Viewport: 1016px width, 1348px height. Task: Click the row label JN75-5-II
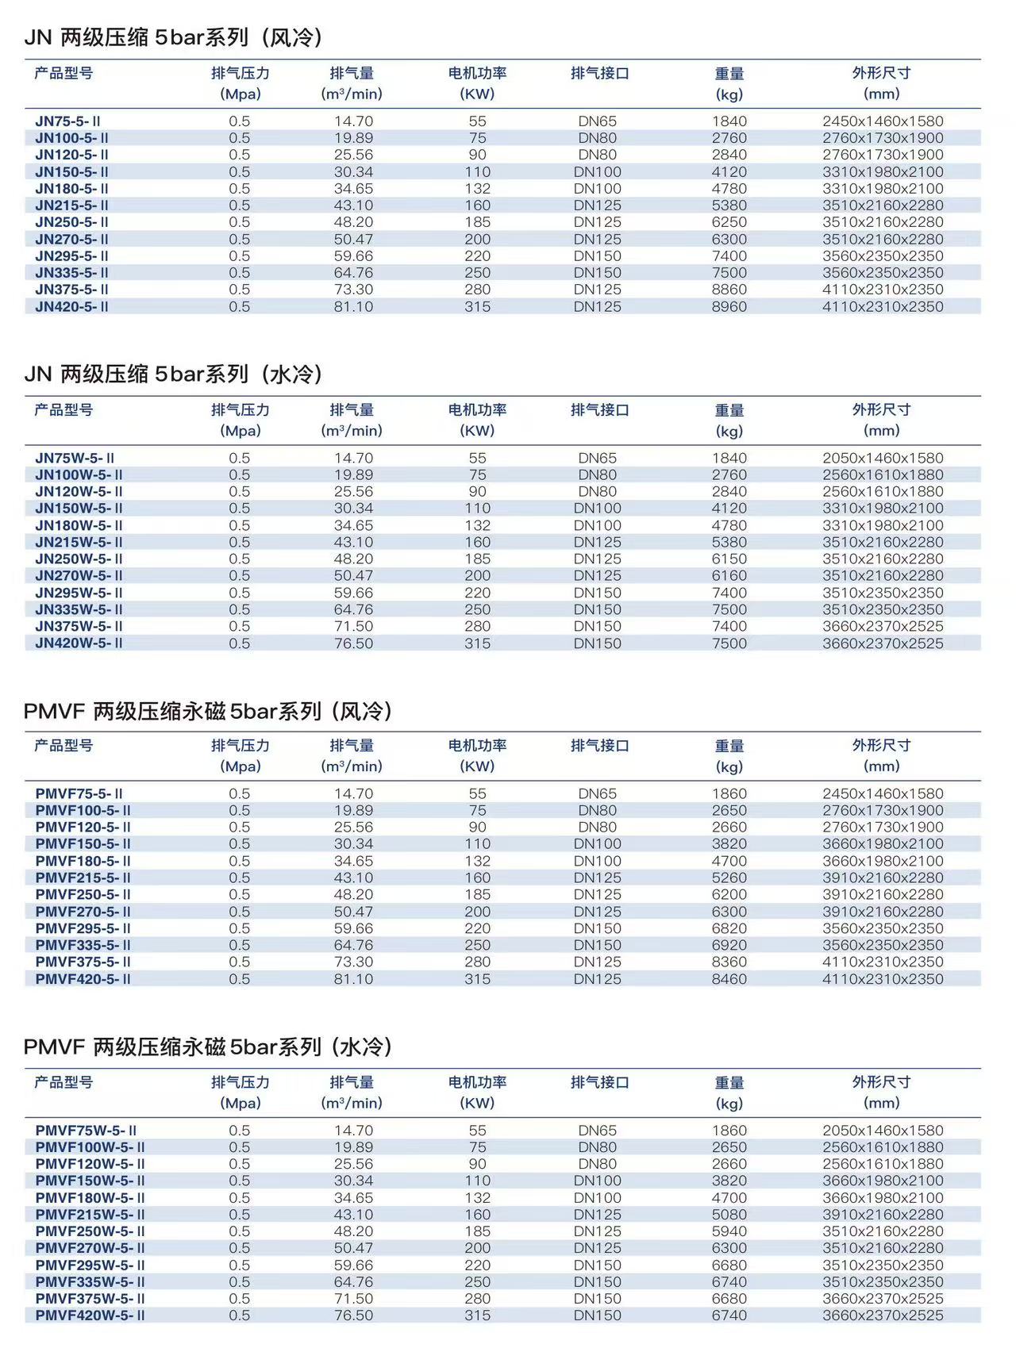click(x=67, y=121)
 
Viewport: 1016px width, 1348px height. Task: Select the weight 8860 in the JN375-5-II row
click(x=729, y=290)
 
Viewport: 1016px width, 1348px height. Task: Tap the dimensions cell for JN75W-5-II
click(x=883, y=458)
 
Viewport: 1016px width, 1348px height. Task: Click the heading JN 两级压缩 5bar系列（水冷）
click(x=174, y=374)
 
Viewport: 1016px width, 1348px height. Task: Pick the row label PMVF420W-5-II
click(x=90, y=1315)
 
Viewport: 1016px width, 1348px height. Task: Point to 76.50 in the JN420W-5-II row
click(x=353, y=643)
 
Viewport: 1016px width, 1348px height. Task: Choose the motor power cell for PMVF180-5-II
click(x=477, y=861)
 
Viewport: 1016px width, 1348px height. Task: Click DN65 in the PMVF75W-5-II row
click(x=597, y=1130)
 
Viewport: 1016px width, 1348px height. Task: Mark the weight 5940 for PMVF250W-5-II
click(x=729, y=1231)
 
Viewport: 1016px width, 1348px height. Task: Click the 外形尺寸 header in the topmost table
click(x=881, y=74)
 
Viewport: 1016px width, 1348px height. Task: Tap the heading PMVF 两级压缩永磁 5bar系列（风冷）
click(x=208, y=710)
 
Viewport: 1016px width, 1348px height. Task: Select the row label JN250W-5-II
click(x=79, y=559)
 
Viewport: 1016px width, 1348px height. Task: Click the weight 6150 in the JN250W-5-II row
click(x=729, y=559)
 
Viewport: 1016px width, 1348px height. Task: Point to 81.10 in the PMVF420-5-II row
click(x=353, y=978)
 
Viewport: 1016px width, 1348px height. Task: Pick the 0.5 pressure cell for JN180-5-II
click(x=239, y=189)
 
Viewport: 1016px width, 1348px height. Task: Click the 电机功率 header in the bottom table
click(x=477, y=1082)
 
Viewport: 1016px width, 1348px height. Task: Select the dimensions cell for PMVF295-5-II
click(x=883, y=928)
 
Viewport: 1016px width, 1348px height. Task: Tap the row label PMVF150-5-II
click(x=83, y=843)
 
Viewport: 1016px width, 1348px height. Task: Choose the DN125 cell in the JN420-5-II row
click(x=597, y=306)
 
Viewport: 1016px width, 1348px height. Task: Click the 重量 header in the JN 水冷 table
click(x=729, y=411)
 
